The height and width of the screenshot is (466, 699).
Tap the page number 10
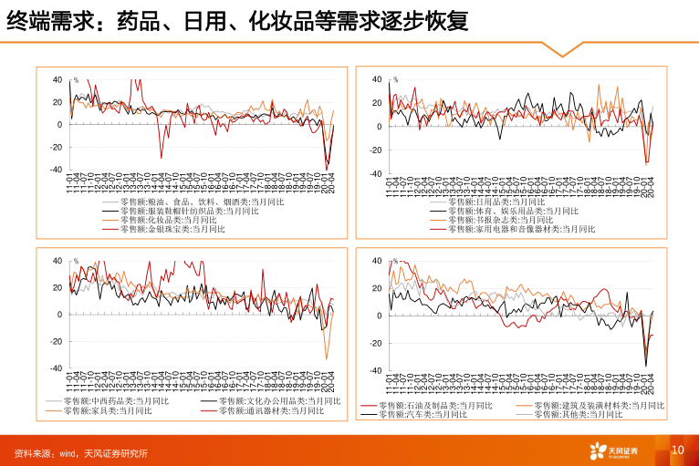tap(677, 450)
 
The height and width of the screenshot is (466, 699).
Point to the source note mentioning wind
tap(81, 453)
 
